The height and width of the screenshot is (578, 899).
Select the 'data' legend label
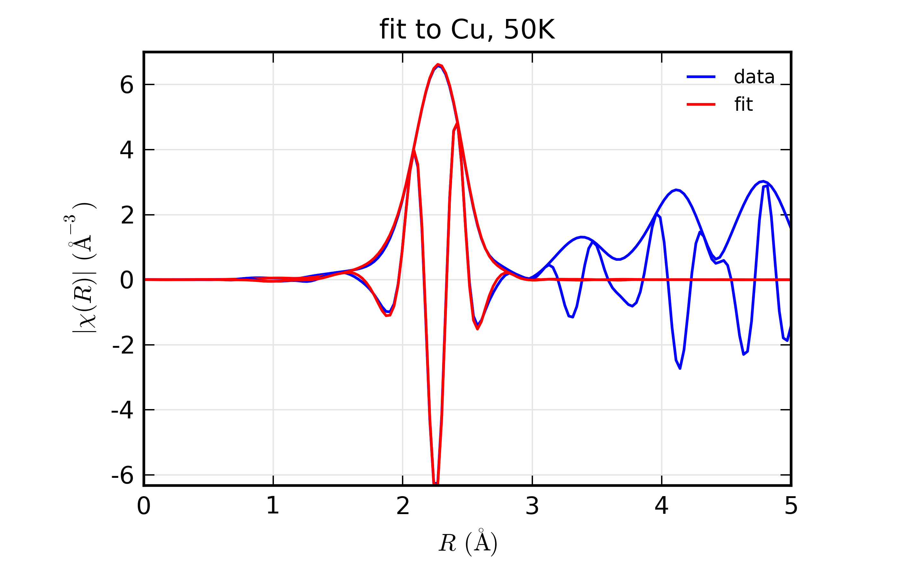pyautogui.click(x=754, y=77)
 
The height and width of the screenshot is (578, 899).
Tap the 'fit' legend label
pyautogui.click(x=743, y=104)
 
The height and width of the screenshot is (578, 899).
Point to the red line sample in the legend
pyautogui.click(x=701, y=104)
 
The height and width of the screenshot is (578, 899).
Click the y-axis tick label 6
pyautogui.click(x=127, y=85)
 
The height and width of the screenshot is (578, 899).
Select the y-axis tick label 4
pyautogui.click(x=127, y=151)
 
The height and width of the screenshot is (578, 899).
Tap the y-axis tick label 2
pyautogui.click(x=127, y=216)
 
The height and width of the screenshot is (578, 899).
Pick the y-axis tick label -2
pyautogui.click(x=123, y=346)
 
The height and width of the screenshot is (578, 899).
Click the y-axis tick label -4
pyautogui.click(x=122, y=411)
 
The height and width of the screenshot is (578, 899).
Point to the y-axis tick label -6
pyautogui.click(x=122, y=476)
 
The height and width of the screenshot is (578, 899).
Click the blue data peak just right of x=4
pyautogui.click(x=676, y=190)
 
